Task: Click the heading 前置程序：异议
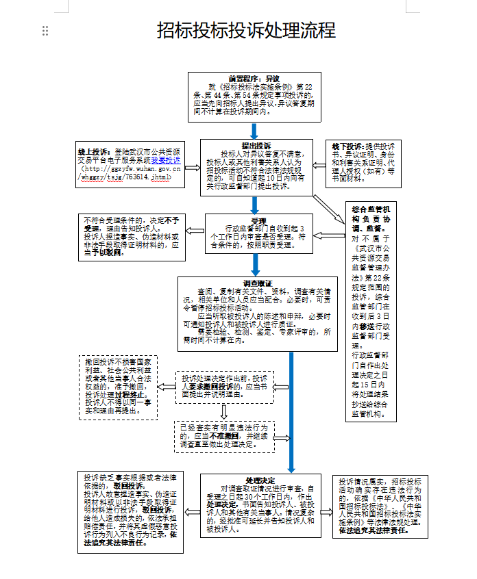(x=254, y=77)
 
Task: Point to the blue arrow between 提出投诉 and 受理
(x=255, y=205)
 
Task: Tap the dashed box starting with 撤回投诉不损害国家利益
(x=118, y=387)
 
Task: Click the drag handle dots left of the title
(x=45, y=30)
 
